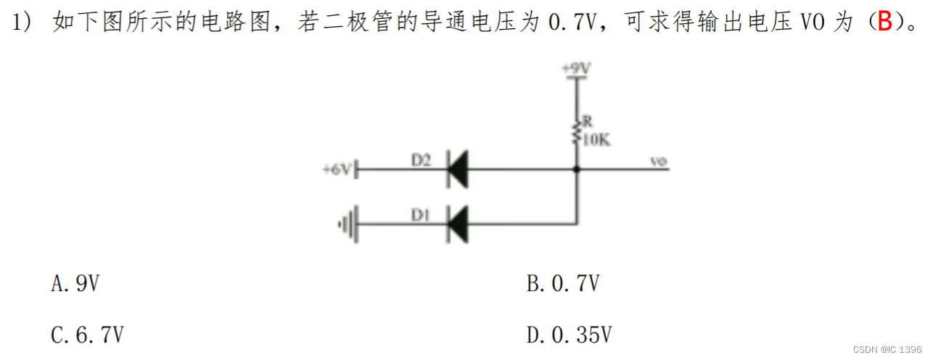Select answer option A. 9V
[75, 283]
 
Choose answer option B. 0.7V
[563, 283]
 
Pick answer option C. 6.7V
[87, 335]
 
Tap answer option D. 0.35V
[570, 335]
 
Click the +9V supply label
[577, 68]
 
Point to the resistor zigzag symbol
[577, 131]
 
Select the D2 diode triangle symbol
[457, 169]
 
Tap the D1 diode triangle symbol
[457, 224]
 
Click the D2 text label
[422, 160]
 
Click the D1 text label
[422, 215]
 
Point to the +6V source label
[337, 170]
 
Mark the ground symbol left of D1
[349, 224]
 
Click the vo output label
[658, 162]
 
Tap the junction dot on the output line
[577, 169]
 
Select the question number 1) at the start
[22, 22]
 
